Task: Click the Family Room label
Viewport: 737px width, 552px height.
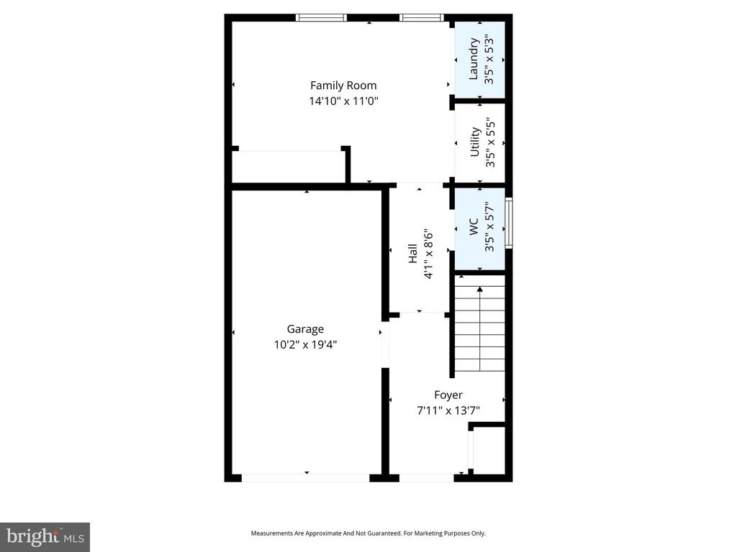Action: click(343, 86)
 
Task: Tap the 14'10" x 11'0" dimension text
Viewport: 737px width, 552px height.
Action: click(343, 101)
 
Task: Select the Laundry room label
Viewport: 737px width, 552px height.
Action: click(474, 59)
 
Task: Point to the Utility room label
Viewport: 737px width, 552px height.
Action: click(475, 142)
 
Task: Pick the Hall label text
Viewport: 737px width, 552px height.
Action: click(413, 254)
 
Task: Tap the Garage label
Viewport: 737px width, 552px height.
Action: click(305, 329)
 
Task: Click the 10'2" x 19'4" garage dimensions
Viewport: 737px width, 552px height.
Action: click(305, 344)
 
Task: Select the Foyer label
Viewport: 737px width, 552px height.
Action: click(448, 395)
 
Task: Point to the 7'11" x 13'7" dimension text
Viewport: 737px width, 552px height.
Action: click(448, 410)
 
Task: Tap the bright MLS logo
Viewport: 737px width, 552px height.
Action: click(45, 536)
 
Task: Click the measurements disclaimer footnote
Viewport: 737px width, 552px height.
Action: click(368, 533)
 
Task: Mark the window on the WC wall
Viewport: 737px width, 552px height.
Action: click(509, 223)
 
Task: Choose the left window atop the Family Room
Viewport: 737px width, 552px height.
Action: click(321, 18)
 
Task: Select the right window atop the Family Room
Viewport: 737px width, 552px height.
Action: click(421, 18)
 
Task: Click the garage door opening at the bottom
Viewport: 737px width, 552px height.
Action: click(306, 477)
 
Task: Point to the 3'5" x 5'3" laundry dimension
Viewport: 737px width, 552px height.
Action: click(489, 59)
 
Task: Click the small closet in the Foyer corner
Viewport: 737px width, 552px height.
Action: click(489, 450)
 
